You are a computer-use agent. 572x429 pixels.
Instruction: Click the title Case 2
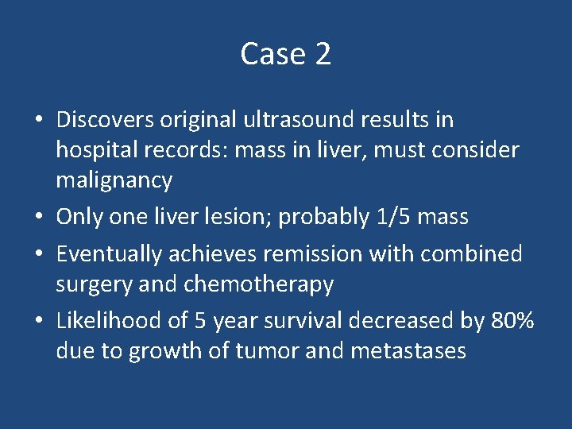(285, 54)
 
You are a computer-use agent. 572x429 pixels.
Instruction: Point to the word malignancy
(114, 181)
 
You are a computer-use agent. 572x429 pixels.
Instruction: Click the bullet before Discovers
(38, 121)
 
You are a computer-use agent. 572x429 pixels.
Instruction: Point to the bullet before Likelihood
(38, 322)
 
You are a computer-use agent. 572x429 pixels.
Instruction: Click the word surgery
(91, 284)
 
